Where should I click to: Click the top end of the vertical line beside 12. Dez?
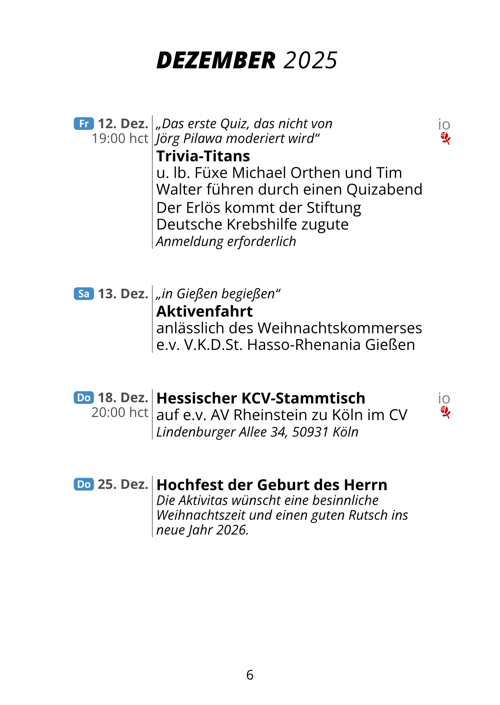[x=152, y=115]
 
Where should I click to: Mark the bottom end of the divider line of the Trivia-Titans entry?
[x=152, y=249]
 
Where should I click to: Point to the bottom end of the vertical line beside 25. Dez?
[x=152, y=537]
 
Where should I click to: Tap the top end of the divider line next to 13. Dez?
[x=152, y=285]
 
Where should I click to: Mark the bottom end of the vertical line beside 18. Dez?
[x=152, y=439]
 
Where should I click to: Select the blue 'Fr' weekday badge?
[x=84, y=123]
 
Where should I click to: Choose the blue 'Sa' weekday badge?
[x=84, y=294]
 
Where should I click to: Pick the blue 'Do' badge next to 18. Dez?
[x=84, y=397]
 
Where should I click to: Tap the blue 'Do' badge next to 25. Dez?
[x=84, y=484]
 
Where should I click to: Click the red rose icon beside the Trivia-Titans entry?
[x=445, y=138]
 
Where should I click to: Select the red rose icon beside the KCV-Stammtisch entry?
[x=445, y=412]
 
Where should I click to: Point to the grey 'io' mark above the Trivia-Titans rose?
[x=444, y=125]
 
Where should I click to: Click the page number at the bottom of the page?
[x=250, y=675]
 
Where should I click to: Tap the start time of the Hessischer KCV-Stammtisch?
[x=120, y=412]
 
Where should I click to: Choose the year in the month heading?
[x=310, y=60]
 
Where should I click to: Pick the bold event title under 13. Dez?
[x=205, y=311]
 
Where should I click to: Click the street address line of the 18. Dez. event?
[x=257, y=432]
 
